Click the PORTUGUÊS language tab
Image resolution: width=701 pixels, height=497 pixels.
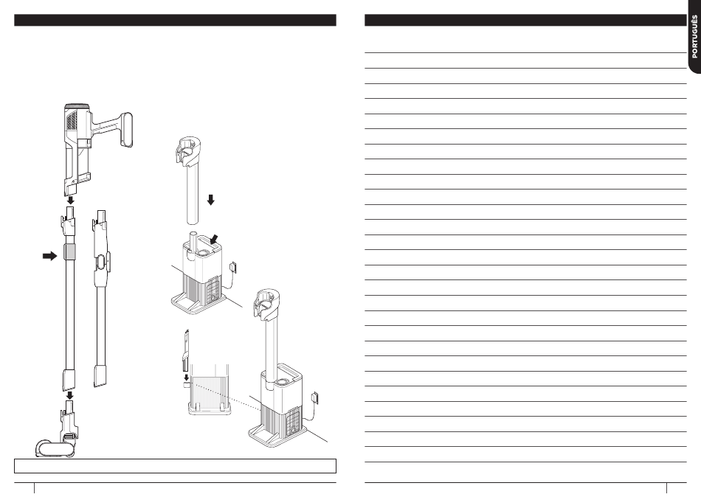click(694, 37)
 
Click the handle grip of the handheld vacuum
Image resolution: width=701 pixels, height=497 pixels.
click(126, 130)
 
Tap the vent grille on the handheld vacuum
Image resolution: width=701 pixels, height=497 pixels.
click(72, 119)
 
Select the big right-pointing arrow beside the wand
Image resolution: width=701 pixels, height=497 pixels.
click(49, 256)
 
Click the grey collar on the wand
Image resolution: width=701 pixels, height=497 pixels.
click(70, 252)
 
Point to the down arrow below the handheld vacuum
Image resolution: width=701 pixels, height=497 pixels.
click(70, 201)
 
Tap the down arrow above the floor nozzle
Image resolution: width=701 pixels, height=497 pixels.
click(70, 395)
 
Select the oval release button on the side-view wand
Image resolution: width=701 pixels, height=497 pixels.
click(101, 262)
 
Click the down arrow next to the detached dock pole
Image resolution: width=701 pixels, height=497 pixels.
click(210, 200)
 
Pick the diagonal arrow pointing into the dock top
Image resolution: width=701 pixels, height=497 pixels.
click(215, 239)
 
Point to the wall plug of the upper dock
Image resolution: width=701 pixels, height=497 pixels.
click(233, 266)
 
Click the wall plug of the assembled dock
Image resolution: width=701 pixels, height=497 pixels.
click(315, 397)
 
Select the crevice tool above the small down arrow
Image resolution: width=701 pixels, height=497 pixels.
click(185, 350)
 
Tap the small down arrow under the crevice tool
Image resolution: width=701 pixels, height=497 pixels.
click(187, 378)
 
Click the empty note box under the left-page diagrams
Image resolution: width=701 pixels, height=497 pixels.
click(176, 466)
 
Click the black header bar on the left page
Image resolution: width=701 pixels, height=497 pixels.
click(176, 20)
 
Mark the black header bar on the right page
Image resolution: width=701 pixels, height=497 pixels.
click(525, 20)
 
